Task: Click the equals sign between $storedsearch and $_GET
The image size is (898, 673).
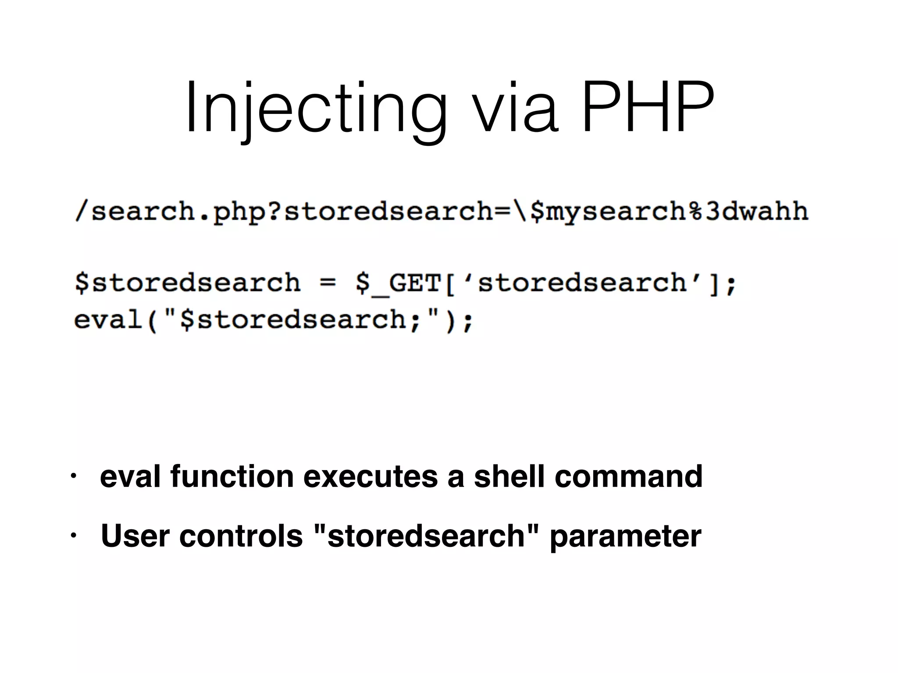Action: (x=328, y=283)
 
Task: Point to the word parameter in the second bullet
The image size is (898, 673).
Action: (x=625, y=536)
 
